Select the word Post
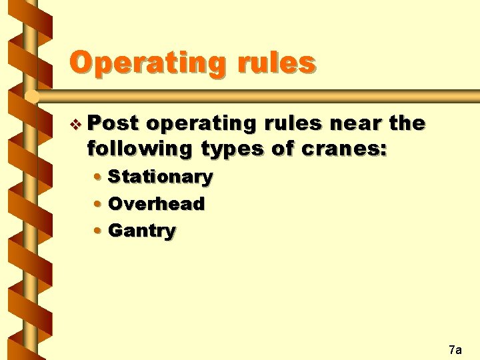click(113, 123)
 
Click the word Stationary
click(160, 177)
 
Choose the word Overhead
click(156, 204)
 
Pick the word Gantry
click(142, 231)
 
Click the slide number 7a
click(455, 349)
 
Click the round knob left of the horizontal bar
click(31, 97)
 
